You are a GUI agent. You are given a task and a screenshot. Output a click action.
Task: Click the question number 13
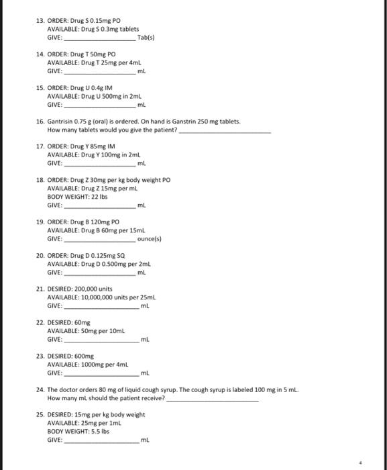(x=39, y=21)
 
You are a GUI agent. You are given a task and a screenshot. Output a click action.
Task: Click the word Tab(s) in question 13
(x=145, y=38)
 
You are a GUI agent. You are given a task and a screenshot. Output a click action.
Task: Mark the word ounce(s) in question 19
(x=149, y=238)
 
